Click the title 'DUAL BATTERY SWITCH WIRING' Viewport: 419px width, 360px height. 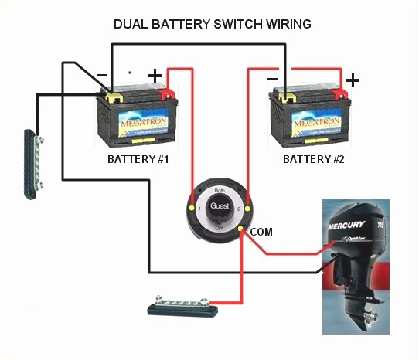pyautogui.click(x=213, y=24)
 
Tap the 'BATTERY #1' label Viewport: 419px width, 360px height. pyautogui.click(x=139, y=159)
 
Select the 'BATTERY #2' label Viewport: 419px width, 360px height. pyautogui.click(x=313, y=159)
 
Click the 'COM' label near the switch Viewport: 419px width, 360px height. pyautogui.click(x=262, y=232)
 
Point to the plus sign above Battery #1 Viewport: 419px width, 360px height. pyautogui.click(x=155, y=76)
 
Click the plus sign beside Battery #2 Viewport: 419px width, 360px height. pyautogui.click(x=353, y=80)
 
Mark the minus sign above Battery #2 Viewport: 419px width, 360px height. pyautogui.click(x=272, y=78)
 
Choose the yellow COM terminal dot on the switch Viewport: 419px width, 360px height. pyautogui.click(x=241, y=230)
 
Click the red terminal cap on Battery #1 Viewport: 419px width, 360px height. pyautogui.click(x=166, y=94)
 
